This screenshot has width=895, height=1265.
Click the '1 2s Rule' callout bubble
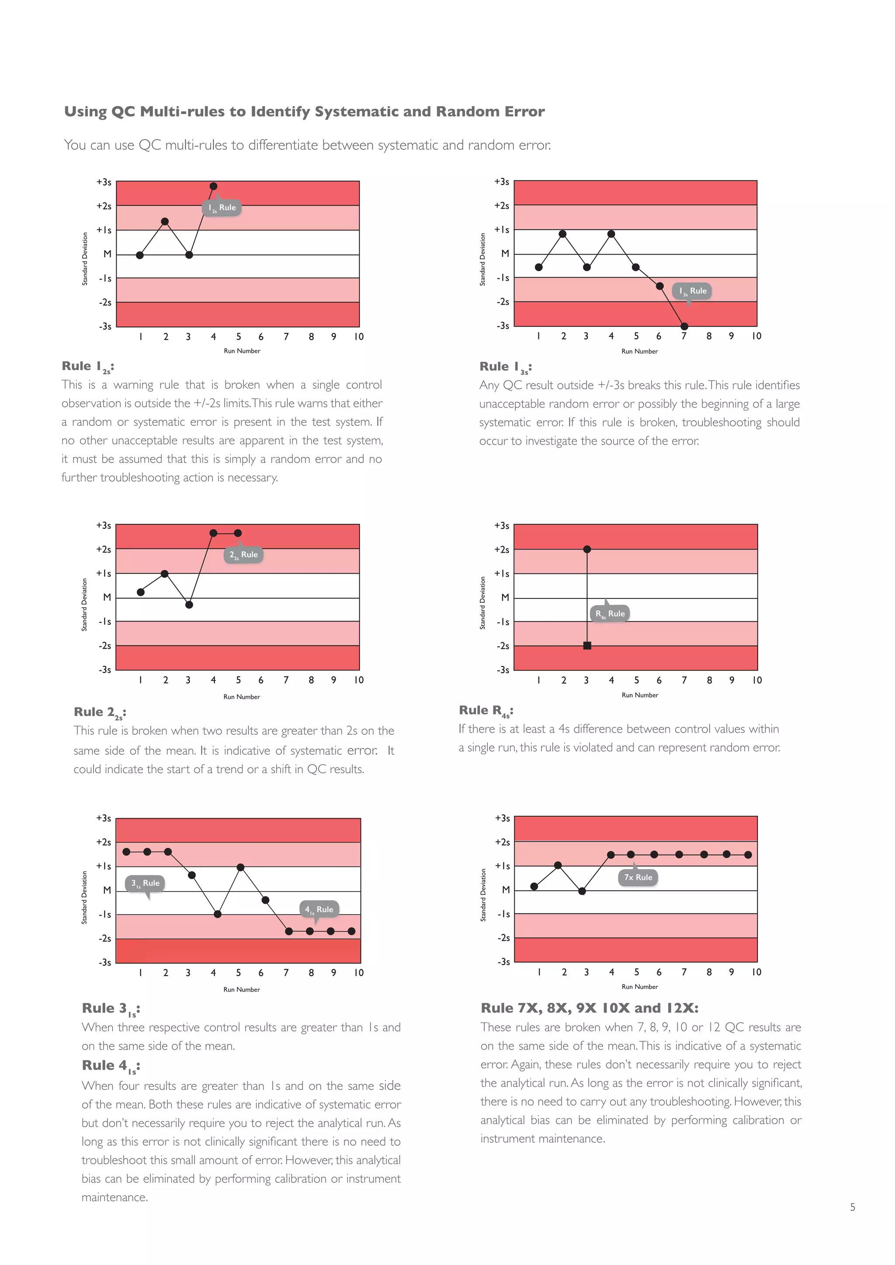click(x=222, y=208)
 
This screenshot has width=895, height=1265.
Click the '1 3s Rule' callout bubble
click(x=693, y=291)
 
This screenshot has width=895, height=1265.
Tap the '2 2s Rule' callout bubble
click(x=243, y=555)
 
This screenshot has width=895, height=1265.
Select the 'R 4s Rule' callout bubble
click(x=610, y=614)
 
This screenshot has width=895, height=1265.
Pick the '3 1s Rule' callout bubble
click(x=146, y=883)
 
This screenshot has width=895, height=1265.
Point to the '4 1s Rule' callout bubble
click(x=319, y=909)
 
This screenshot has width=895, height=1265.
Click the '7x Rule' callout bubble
click(x=638, y=877)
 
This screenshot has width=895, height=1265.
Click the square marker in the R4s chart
click(x=587, y=646)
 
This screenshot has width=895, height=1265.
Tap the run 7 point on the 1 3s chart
click(x=684, y=326)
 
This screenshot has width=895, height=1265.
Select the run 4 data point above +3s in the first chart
click(x=214, y=186)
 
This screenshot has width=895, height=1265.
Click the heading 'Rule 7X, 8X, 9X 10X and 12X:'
click(x=589, y=1008)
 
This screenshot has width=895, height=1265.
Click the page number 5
click(x=853, y=1207)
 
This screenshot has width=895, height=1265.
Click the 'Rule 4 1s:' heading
click(x=110, y=1066)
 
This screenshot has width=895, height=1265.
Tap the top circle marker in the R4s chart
click(x=587, y=550)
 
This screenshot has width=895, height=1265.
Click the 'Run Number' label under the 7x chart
click(x=639, y=987)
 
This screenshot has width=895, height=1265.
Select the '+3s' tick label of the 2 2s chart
click(x=104, y=525)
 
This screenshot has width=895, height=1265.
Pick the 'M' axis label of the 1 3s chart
click(x=505, y=254)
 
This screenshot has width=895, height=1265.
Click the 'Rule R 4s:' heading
click(x=486, y=711)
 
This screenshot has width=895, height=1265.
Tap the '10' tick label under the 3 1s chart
click(x=359, y=973)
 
